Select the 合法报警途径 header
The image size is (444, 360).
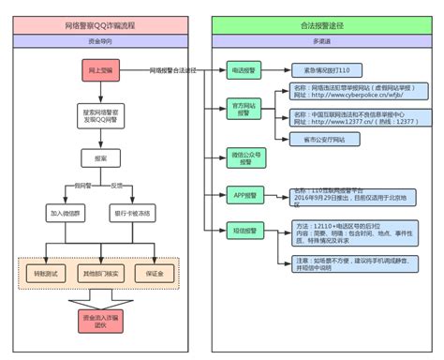[322, 27]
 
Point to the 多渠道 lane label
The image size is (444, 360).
[322, 42]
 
